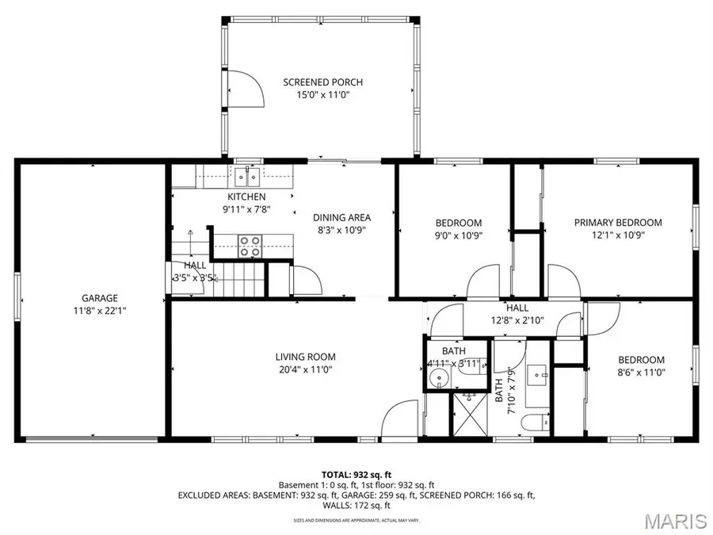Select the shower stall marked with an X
coord(471,413)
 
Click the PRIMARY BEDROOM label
coord(618,223)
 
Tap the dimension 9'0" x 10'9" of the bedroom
coord(459,235)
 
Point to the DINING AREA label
coord(341,217)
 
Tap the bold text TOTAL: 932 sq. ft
coord(356,474)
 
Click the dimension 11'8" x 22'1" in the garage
coord(98,311)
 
